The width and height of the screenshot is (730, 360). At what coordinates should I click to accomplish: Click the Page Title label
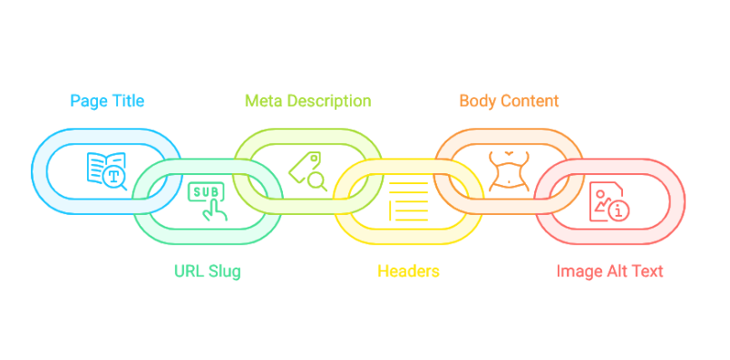[x=106, y=100]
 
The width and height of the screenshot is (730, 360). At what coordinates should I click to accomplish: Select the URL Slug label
[x=208, y=270]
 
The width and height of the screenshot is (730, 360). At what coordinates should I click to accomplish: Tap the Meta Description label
[x=308, y=100]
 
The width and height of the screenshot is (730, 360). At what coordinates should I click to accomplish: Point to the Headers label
[x=408, y=270]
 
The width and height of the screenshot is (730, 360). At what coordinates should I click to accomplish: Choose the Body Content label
[x=509, y=100]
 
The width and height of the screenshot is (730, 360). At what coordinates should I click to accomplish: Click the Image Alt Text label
[x=609, y=270]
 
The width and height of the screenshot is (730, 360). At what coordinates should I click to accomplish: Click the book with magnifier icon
[x=106, y=170]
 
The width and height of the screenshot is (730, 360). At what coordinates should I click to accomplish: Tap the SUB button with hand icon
[x=208, y=199]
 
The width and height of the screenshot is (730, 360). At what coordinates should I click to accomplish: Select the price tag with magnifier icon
[x=308, y=170]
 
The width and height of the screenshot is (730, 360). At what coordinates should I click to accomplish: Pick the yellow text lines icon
[x=408, y=199]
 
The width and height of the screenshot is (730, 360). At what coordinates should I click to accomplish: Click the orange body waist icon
[x=509, y=170]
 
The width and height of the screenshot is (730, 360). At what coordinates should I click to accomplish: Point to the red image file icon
[x=609, y=200]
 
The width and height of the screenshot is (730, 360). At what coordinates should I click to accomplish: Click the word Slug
[x=225, y=270]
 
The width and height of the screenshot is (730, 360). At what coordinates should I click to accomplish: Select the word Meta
[x=263, y=100]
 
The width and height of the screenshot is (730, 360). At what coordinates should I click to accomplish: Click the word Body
[x=477, y=100]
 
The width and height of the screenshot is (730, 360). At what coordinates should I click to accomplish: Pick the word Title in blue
[x=126, y=100]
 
